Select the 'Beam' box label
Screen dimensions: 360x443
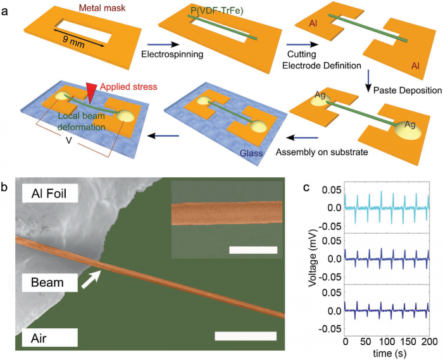pyautogui.click(x=40, y=281)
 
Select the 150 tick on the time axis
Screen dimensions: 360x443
pyautogui.click(x=407, y=342)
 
